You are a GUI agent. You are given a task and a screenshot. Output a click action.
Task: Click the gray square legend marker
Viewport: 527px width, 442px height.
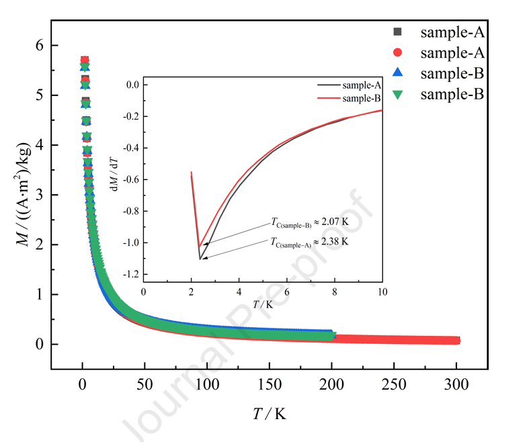point(397,32)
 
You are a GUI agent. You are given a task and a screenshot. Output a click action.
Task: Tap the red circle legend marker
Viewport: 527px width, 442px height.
point(397,52)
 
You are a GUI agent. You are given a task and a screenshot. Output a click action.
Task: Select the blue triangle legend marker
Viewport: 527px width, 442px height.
point(397,73)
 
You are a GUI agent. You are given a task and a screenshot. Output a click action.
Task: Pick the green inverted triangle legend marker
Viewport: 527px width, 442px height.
point(397,95)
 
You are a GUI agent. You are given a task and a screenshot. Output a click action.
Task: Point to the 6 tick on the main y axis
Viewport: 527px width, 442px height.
point(40,46)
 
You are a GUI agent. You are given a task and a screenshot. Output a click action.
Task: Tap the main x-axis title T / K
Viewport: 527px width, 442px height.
point(268,414)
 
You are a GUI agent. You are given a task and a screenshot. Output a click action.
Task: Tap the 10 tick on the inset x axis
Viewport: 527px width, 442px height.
point(382,293)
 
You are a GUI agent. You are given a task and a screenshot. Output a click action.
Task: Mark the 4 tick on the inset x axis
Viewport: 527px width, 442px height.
point(239,293)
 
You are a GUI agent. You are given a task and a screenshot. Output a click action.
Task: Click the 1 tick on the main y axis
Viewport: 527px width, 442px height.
point(40,294)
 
